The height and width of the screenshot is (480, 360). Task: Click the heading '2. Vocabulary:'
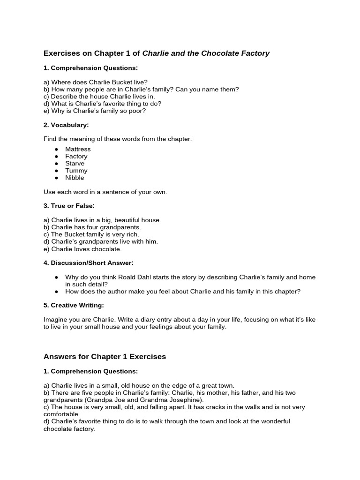[x=66, y=125]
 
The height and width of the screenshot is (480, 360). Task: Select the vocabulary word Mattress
[x=78, y=149]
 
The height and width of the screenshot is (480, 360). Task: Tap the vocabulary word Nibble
[x=75, y=178]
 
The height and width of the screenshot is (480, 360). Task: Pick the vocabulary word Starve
[x=75, y=164]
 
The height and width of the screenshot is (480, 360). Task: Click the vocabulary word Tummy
[x=76, y=171]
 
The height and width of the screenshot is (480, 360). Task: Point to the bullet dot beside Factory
[x=56, y=157]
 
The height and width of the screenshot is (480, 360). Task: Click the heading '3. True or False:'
[x=69, y=205]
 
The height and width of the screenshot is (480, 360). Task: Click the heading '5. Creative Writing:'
[x=74, y=305]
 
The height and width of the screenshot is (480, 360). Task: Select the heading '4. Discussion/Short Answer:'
[x=89, y=262]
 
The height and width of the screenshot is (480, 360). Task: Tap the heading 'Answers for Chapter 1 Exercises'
[x=105, y=357]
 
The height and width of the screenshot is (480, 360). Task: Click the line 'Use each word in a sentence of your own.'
[x=105, y=192]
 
